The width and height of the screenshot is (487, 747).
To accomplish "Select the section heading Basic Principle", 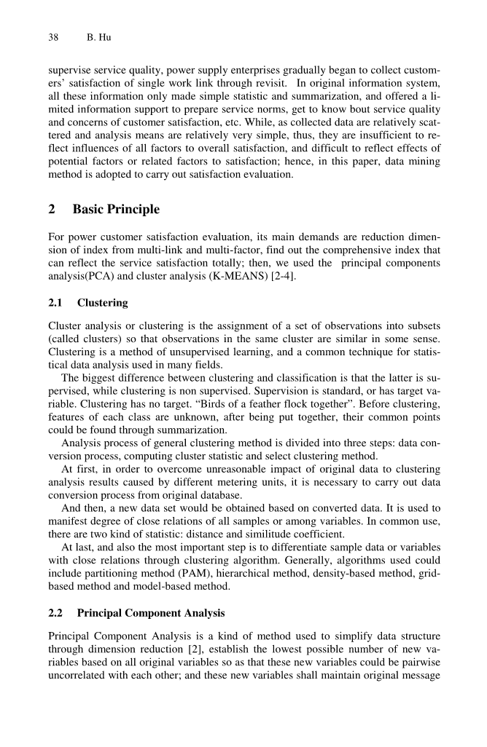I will pos(116,210).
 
